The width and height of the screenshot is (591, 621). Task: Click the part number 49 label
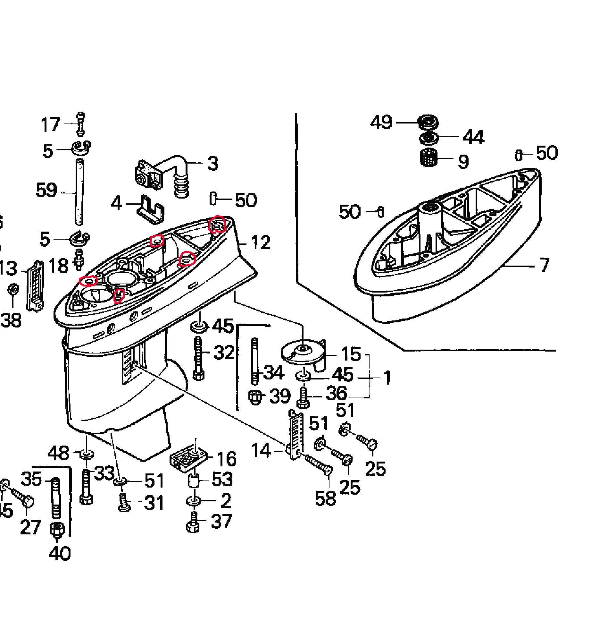[381, 122]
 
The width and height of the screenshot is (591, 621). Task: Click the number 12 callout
[261, 242]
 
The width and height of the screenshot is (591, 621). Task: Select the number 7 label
[544, 265]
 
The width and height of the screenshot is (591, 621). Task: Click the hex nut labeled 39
[255, 397]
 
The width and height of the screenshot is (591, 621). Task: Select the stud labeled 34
[255, 361]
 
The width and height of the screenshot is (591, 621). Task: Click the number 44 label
[473, 137]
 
